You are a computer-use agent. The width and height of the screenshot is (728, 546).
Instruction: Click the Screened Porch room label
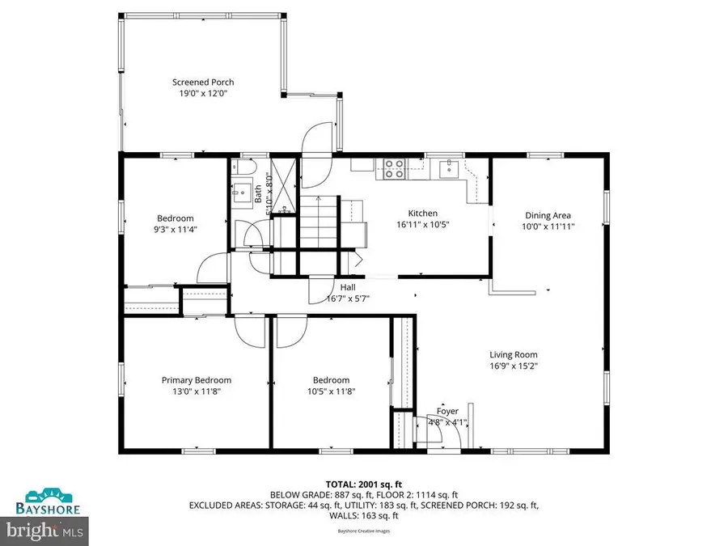point(203,82)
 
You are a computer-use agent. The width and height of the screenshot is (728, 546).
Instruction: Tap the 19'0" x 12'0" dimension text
point(203,93)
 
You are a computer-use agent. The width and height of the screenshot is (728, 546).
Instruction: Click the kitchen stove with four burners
point(394,168)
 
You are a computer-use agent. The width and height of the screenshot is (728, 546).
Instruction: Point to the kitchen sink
point(447,168)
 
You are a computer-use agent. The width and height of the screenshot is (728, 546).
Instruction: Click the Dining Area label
point(548,215)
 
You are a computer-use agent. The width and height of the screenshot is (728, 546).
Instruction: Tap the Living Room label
point(513,354)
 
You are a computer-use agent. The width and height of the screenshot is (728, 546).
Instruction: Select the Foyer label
point(447,411)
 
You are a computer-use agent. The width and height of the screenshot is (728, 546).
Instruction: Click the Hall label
point(347,287)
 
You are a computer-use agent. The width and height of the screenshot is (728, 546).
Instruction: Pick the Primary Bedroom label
point(196,380)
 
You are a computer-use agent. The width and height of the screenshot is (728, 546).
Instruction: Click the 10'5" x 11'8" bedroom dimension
point(331,392)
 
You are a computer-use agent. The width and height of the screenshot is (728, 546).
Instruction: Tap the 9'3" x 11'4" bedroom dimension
point(175,229)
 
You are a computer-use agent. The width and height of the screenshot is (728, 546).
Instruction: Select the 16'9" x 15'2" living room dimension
point(513,366)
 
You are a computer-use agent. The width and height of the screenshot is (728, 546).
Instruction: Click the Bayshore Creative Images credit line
point(363,531)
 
